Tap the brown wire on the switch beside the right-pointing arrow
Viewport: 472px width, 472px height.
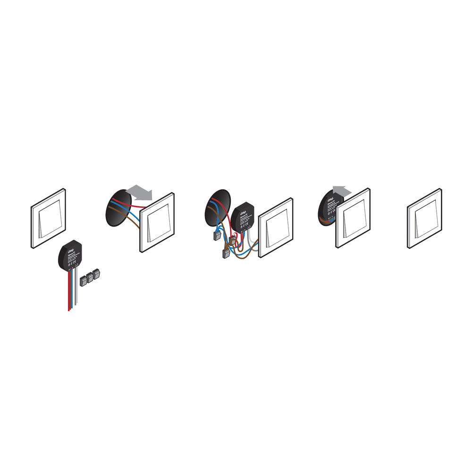tap(130, 220)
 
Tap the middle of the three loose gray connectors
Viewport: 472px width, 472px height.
tap(90, 277)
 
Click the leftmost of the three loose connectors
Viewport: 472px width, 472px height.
tap(83, 280)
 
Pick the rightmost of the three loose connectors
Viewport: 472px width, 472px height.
tap(97, 274)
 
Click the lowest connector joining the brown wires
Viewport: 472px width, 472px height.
tap(225, 254)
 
